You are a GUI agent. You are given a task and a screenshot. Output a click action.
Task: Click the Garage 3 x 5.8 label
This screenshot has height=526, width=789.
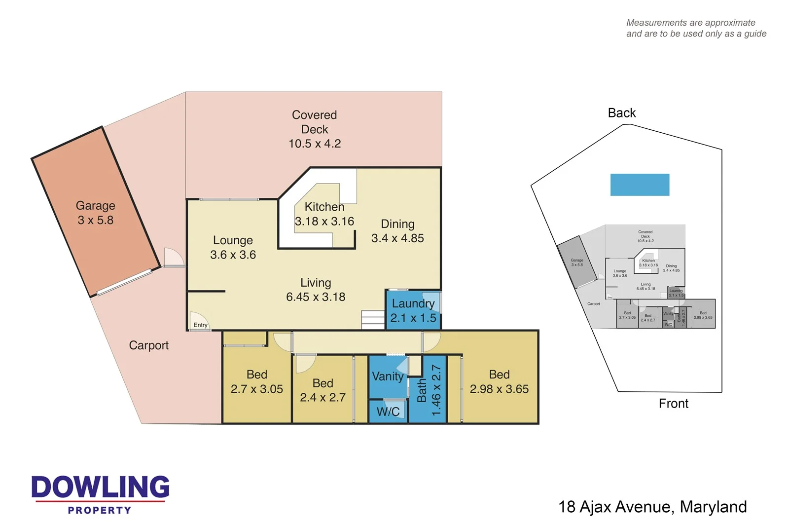click(95, 213)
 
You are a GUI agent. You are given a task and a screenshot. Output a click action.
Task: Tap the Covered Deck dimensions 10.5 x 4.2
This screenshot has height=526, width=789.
click(315, 144)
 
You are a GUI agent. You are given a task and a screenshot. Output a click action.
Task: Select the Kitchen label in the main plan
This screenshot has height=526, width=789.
click(324, 207)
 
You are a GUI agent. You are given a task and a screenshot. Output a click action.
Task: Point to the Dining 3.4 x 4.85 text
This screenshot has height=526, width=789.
click(397, 231)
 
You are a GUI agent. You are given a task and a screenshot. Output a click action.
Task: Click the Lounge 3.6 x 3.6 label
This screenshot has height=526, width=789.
click(233, 247)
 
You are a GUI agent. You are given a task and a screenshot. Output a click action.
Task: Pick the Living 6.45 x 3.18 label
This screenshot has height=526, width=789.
click(316, 290)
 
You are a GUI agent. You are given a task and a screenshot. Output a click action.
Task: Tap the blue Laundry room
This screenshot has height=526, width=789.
click(413, 310)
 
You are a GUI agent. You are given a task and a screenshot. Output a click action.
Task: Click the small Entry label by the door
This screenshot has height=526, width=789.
click(200, 325)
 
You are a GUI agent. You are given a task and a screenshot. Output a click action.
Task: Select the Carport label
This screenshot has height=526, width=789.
click(148, 345)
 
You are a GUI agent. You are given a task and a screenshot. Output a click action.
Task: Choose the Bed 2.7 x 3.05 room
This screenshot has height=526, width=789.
click(256, 382)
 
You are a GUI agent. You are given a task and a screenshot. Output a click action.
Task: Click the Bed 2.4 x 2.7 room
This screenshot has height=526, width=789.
click(323, 390)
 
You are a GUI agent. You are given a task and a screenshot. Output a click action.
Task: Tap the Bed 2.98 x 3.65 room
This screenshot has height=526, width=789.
click(499, 382)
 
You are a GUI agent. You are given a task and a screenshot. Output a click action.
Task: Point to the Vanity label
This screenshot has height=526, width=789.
click(388, 376)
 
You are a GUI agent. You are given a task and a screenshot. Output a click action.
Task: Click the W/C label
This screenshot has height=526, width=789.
click(388, 412)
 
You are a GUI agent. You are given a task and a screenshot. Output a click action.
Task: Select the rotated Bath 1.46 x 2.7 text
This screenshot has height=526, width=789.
click(429, 390)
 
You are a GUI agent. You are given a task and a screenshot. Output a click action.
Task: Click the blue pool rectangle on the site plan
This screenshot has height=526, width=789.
click(640, 185)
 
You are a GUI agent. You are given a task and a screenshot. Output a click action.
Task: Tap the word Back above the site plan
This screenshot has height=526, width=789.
click(621, 113)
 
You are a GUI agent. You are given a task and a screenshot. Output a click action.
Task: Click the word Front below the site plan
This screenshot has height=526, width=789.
click(673, 404)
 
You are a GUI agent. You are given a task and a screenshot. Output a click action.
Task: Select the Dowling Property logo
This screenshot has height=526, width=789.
click(100, 494)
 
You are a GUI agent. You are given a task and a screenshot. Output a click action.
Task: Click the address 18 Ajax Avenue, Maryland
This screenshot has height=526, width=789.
click(652, 507)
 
